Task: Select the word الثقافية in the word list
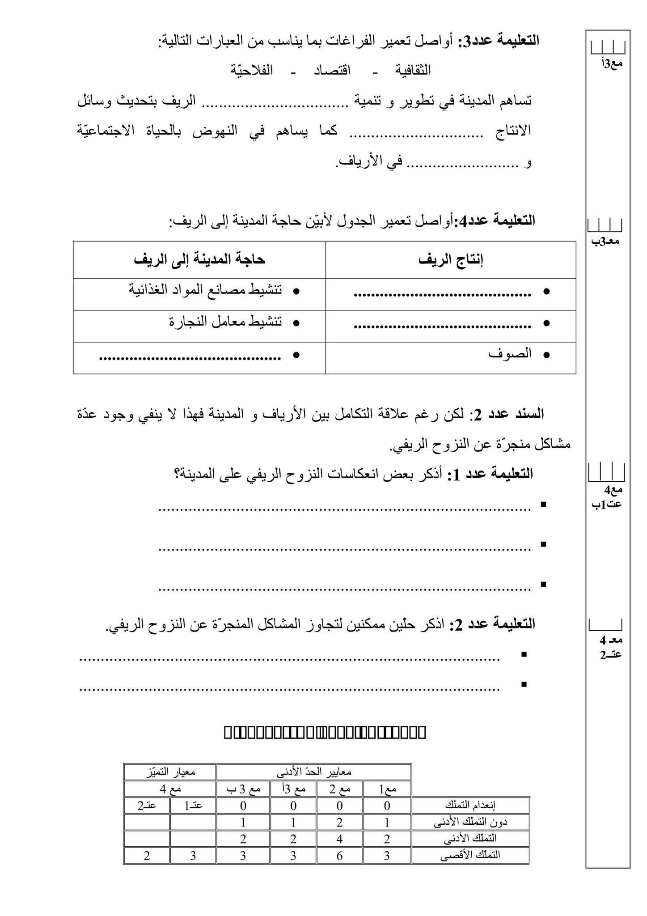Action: (412, 70)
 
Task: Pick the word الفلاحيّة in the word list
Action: (251, 70)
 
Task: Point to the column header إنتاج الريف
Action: (451, 260)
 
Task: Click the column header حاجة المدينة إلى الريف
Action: (199, 260)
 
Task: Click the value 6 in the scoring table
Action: (339, 855)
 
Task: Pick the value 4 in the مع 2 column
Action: (339, 838)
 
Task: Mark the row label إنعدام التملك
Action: (470, 805)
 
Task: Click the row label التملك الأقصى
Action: (470, 855)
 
